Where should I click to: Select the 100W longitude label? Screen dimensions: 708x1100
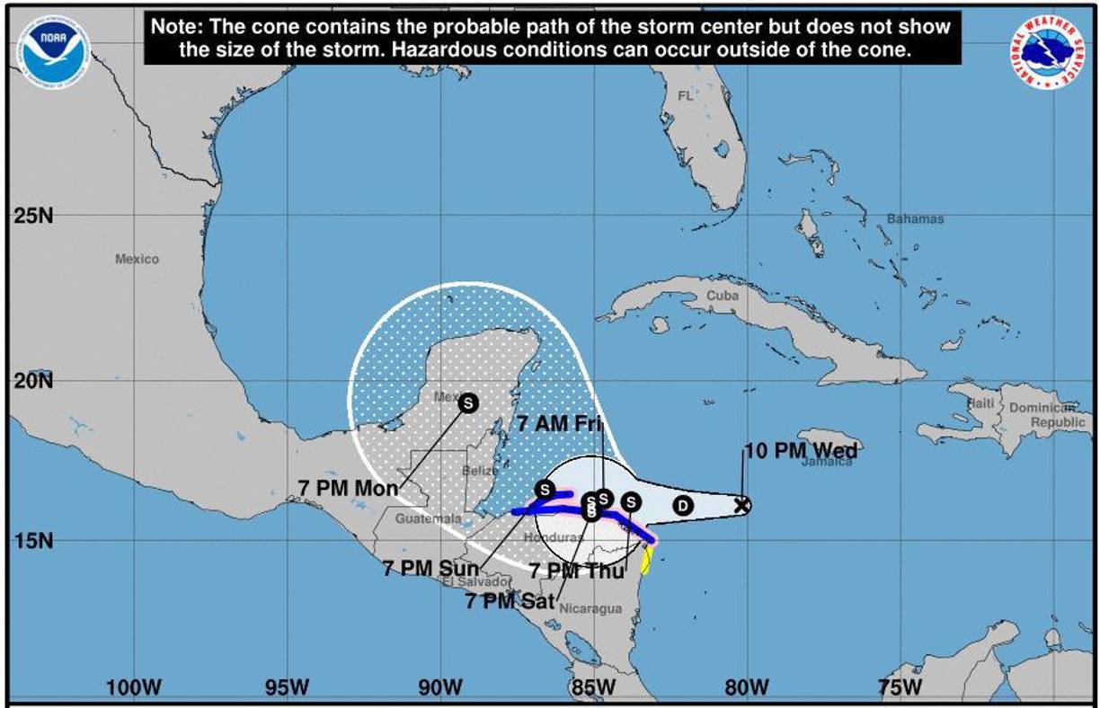pos(134,688)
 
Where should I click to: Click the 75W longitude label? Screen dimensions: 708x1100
pos(900,688)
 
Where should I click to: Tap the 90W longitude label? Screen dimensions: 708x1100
pos(440,688)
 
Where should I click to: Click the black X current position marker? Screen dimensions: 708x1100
pos(741,505)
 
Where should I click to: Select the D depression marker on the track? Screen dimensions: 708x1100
pos(684,506)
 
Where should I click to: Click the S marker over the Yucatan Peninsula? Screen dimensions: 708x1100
pos(467,403)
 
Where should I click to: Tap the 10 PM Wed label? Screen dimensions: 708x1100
pos(800,451)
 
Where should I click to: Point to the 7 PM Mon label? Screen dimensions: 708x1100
pos(348,487)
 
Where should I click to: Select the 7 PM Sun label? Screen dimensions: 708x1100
pos(430,568)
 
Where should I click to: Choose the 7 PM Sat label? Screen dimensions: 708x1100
pos(510,601)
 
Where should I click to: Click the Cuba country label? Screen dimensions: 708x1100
pos(722,296)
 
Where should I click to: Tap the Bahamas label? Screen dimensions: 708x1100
pos(915,219)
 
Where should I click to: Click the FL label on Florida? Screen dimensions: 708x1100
pos(686,96)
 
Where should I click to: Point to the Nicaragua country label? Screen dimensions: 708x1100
pos(590,608)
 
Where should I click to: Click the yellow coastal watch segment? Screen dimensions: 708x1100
pos(645,560)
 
